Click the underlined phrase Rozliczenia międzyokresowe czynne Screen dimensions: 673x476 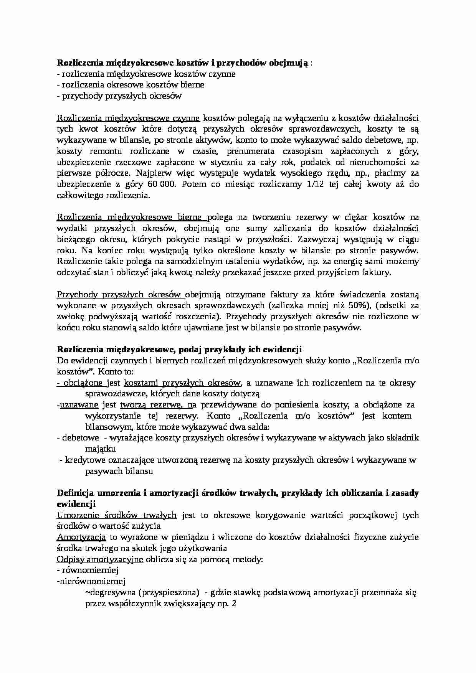pyautogui.click(x=128, y=118)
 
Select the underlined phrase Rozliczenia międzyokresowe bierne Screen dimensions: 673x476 pyautogui.click(x=132, y=218)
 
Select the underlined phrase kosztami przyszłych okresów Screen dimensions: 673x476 pyautogui.click(x=183, y=383)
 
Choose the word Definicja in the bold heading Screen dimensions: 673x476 pyautogui.click(x=75, y=493)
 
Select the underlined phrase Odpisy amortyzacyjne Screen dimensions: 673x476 pyautogui.click(x=100, y=559)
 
